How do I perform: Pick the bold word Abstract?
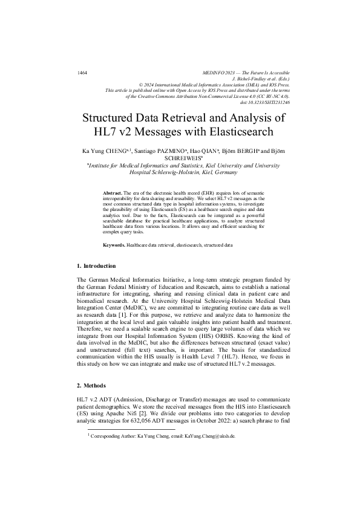click(x=113, y=191)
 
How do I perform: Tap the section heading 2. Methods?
click(x=91, y=386)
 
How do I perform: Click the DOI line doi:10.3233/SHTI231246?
click(x=257, y=102)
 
